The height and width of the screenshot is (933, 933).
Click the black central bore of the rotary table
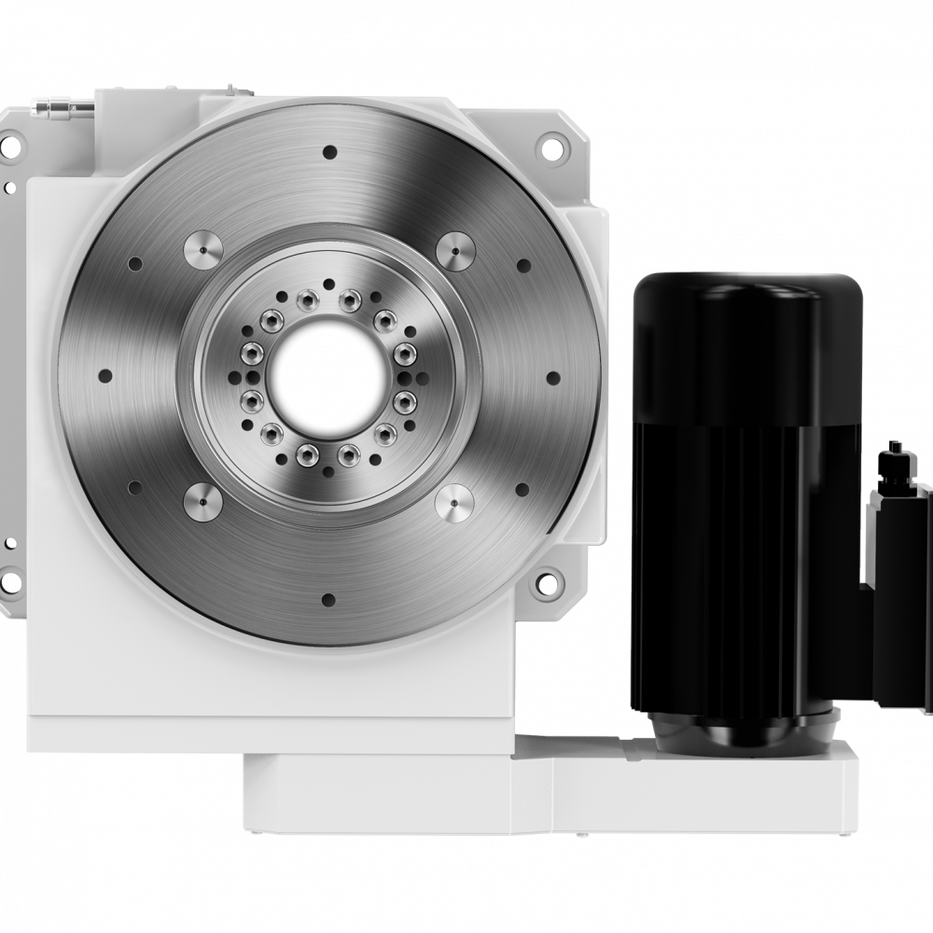click(x=326, y=378)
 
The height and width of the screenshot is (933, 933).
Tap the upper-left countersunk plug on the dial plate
click(x=202, y=250)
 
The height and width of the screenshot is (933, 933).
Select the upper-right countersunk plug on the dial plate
click(x=454, y=250)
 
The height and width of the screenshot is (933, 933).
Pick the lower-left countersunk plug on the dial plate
click(x=202, y=504)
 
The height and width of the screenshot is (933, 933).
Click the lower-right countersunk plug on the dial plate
click(x=454, y=504)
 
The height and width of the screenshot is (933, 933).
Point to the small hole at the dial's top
click(x=328, y=151)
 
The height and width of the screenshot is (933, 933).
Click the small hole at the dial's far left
click(x=104, y=376)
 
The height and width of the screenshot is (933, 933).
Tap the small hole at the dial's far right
click(x=552, y=378)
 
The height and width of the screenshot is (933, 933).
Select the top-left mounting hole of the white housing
click(x=12, y=146)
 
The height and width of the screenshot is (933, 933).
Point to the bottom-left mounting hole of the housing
click(x=12, y=585)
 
